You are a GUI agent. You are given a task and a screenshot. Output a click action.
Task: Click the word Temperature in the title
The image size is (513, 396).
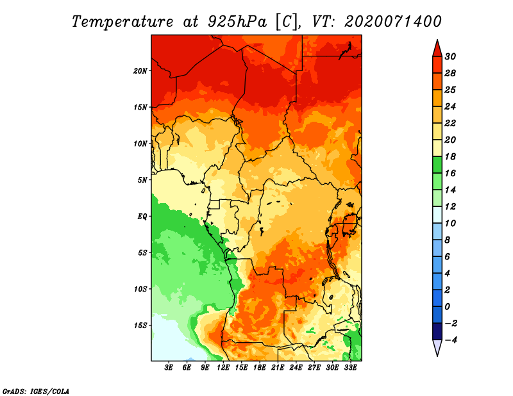pos(122,22)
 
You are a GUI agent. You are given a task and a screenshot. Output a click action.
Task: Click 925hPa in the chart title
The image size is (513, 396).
pos(237,22)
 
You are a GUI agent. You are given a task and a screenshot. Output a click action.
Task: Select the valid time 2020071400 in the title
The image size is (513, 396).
pos(393,22)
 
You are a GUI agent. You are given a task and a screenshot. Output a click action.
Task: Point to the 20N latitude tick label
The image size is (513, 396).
pos(140,71)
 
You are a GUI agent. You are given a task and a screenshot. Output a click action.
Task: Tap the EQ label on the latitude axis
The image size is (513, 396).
pos(142,217)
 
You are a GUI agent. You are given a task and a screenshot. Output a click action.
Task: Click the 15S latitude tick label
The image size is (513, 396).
pos(140,326)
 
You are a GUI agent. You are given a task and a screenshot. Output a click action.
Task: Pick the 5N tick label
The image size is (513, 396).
pos(142,180)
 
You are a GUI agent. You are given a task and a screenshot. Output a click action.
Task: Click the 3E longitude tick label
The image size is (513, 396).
pos(169,368)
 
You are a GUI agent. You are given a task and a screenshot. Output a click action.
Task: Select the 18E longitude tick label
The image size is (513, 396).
pos(259,368)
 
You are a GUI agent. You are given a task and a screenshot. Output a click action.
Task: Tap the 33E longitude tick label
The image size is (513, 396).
pos(350,368)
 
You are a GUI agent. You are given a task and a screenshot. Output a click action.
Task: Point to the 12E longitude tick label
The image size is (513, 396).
pos(223,368)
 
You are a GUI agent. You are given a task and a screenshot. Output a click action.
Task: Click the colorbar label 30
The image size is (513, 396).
pos(450,56)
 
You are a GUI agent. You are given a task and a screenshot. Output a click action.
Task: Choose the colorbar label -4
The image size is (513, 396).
pos(451,340)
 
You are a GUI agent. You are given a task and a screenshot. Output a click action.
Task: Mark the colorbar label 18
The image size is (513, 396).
pos(450,156)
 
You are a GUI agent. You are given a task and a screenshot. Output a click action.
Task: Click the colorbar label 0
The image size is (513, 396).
pos(448,307)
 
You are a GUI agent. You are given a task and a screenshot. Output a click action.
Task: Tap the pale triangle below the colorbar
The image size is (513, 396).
pos(437,347)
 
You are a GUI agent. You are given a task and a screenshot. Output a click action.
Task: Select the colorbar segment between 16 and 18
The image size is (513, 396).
pos(437,165)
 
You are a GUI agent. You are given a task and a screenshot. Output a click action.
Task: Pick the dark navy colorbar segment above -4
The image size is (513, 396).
pos(437,331)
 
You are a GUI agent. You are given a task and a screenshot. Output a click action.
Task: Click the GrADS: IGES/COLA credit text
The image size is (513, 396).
pos(36,392)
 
